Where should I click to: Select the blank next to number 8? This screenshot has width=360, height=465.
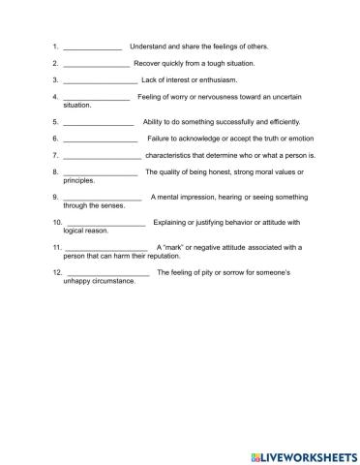tap(100, 173)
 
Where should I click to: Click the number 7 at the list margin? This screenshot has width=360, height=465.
tap(56, 155)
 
